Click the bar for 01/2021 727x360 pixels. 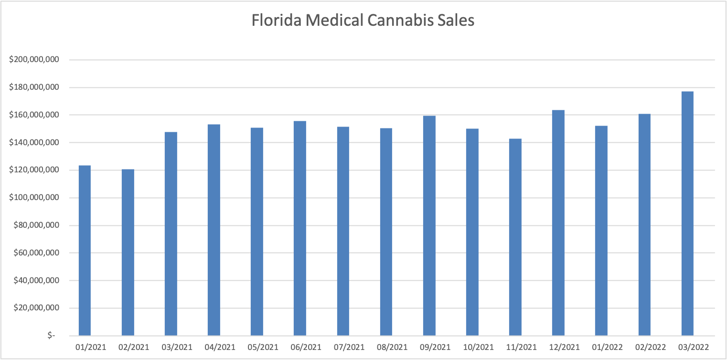[x=85, y=251]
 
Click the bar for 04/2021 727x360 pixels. [x=214, y=230]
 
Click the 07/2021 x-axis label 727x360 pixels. [x=343, y=347]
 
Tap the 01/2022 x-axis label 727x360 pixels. [x=601, y=347]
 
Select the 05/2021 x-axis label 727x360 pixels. [x=257, y=347]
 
